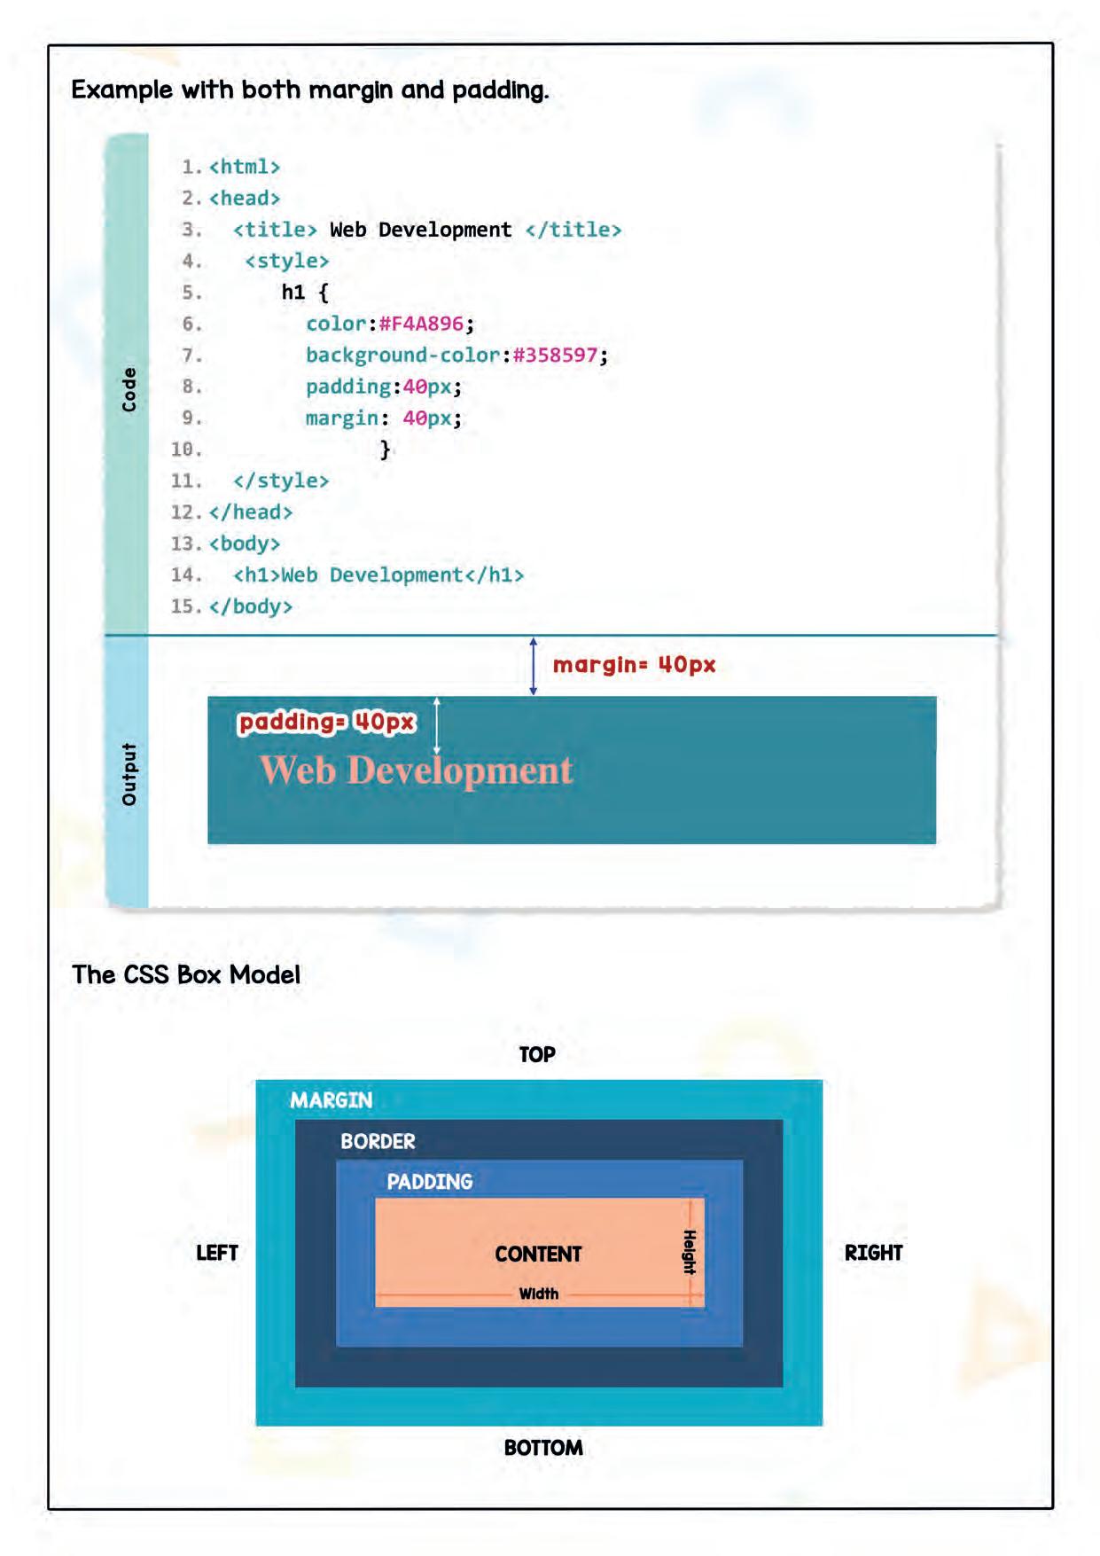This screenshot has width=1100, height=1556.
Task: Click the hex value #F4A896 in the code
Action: (421, 324)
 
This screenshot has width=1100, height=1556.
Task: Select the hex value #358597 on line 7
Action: (555, 355)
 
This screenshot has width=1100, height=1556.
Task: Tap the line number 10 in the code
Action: (186, 449)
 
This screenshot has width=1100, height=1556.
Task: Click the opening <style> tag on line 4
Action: (286, 261)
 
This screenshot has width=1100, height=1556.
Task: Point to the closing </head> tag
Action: (251, 512)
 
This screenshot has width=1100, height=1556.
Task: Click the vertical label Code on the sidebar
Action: (129, 389)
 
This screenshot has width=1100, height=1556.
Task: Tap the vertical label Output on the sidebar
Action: (129, 774)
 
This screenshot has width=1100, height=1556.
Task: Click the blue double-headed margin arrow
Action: (533, 666)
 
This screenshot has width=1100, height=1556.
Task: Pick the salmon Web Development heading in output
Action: (416, 770)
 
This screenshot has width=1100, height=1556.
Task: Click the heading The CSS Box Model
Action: (186, 974)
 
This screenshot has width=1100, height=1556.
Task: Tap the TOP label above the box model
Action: (537, 1054)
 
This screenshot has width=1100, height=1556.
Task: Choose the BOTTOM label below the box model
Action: (543, 1448)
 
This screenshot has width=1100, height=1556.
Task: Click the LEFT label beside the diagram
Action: (217, 1253)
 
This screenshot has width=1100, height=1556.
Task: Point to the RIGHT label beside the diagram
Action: (873, 1253)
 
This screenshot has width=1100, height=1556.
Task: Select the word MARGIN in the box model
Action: (332, 1100)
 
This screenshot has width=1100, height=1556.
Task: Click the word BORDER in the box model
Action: (378, 1141)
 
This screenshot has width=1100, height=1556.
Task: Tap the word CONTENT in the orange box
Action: (538, 1254)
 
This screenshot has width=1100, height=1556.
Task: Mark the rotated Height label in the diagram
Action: (689, 1252)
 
